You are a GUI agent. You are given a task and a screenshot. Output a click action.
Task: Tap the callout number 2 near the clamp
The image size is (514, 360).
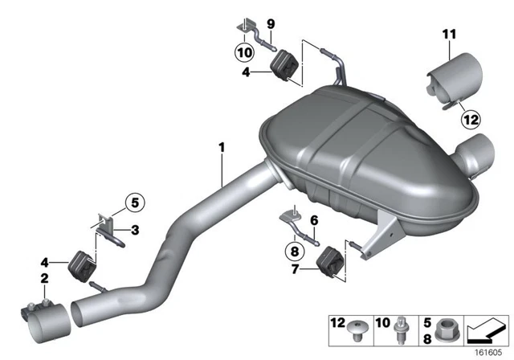coord(43,278)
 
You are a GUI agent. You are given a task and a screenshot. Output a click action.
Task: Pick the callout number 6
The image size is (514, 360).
coord(314,219)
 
